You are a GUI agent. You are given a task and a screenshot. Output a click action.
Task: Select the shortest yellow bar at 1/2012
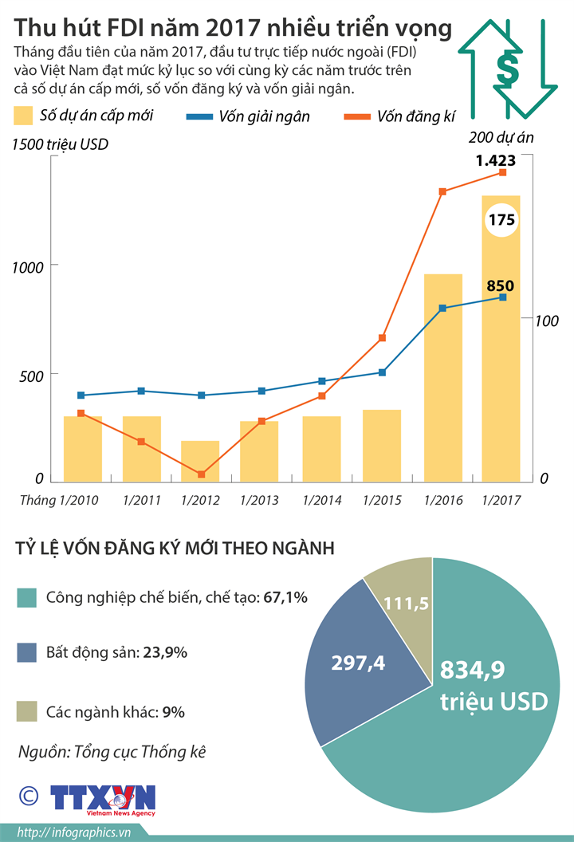click(200, 461)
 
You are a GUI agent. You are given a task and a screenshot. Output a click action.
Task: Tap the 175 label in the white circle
click(501, 220)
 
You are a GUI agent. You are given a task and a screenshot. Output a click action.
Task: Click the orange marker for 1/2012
click(201, 474)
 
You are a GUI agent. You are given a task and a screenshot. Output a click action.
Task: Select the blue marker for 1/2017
click(502, 297)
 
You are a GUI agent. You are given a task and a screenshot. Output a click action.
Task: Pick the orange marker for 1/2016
click(442, 191)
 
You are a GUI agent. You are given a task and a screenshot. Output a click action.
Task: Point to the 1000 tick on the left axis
click(26, 269)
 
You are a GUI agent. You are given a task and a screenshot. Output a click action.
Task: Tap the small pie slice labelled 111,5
click(406, 603)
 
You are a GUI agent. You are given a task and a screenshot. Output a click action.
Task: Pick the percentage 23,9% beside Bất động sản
click(165, 652)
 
